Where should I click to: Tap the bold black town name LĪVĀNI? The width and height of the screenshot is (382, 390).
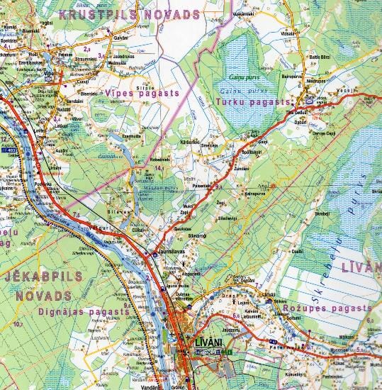208,342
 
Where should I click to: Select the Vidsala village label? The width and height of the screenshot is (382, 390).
288,33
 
